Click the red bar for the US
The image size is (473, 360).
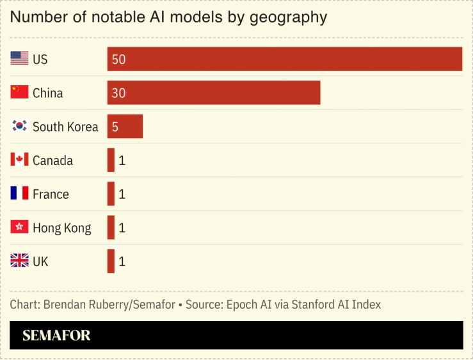click(x=284, y=59)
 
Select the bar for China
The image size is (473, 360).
click(x=213, y=93)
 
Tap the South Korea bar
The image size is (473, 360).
click(x=125, y=127)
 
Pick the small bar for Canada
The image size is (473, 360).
click(x=111, y=160)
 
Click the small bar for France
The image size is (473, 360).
click(x=111, y=194)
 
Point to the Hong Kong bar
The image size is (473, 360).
click(x=111, y=228)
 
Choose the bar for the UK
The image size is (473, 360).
click(x=111, y=261)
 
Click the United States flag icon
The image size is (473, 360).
click(x=19, y=59)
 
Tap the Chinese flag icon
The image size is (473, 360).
click(x=19, y=93)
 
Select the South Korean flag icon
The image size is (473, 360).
click(x=19, y=127)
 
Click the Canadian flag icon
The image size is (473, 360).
click(x=19, y=160)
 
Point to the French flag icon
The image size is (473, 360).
click(x=19, y=194)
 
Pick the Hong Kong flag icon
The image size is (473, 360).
click(x=19, y=228)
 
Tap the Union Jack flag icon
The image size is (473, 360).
click(x=19, y=261)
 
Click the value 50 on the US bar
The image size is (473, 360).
click(x=118, y=59)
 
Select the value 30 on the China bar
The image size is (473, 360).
click(x=118, y=93)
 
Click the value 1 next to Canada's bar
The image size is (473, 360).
click(x=122, y=160)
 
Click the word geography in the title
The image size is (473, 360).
click(x=286, y=17)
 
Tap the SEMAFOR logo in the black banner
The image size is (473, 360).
click(x=56, y=336)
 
